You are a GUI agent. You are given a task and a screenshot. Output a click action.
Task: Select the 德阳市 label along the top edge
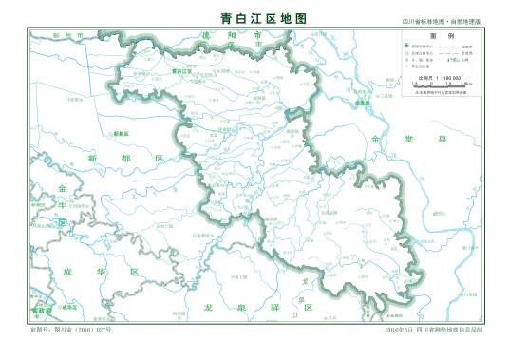tap(229, 36)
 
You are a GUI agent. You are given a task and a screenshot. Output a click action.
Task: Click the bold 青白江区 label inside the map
tap(181, 70)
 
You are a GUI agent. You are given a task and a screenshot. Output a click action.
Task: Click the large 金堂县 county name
tap(407, 139)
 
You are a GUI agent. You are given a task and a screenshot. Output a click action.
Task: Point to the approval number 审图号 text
tap(72, 329)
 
